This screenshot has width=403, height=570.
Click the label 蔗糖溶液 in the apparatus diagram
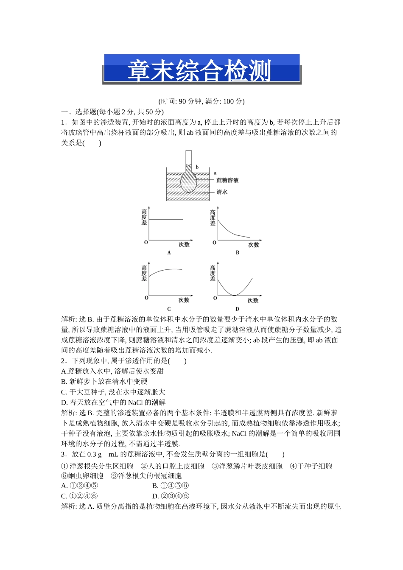coord(227,180)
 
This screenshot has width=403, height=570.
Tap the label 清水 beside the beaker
coord(222,192)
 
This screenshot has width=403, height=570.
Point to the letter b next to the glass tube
coord(197,167)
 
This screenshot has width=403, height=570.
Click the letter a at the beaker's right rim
coord(215,173)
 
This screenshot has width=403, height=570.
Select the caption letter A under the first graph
coord(169,253)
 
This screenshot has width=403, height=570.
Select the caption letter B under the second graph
coord(238,253)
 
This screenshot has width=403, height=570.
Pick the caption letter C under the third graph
coord(169,309)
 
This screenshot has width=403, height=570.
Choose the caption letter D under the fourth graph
coord(238,309)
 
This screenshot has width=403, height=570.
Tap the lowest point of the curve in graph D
coord(234,295)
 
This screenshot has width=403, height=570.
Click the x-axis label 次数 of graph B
coord(254,245)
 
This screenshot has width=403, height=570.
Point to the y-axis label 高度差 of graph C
coord(144,273)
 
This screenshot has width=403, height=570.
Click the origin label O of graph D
coord(215,298)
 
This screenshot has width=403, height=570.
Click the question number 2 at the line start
coord(63,361)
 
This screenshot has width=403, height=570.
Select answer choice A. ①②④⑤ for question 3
coord(80,486)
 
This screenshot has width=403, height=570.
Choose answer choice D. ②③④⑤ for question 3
coord(171,496)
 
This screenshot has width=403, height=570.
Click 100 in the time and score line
coord(228,101)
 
